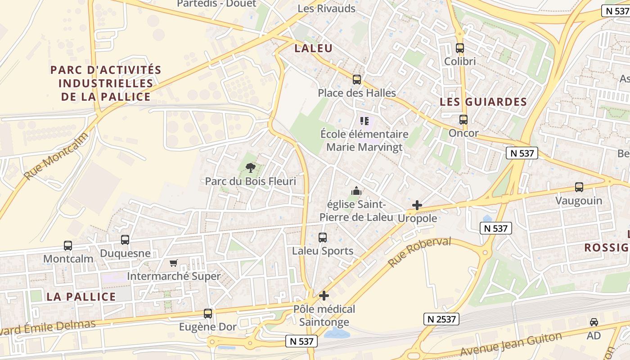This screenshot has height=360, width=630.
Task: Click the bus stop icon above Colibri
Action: coord(460,48)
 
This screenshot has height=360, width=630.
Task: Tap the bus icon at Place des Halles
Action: coord(357,80)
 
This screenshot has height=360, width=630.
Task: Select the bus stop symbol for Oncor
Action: coord(463,120)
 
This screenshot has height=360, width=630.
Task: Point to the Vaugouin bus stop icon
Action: coord(579,187)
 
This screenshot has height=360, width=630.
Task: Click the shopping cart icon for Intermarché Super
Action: coord(174,263)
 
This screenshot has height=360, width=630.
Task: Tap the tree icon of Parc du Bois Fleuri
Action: coord(251,168)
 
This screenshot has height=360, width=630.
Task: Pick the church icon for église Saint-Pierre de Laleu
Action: coord(356,191)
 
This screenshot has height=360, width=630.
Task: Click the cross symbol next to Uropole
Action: coord(417,205)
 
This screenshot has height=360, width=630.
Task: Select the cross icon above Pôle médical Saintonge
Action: coord(324,296)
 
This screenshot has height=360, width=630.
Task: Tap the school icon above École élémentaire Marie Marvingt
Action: coord(364,121)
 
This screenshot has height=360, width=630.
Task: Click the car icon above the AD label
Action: coord(594,322)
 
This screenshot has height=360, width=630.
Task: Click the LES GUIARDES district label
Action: coord(483,102)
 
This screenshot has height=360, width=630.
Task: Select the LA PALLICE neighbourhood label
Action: coord(81,297)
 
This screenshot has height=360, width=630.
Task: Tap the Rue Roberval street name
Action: coord(419,252)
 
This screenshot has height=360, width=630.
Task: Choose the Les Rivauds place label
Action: coord(327,9)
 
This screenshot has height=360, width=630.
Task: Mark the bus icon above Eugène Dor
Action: coord(208,314)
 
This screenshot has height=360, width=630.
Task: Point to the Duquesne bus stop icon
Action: coord(125,240)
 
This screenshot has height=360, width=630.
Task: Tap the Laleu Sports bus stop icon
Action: coord(323,237)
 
